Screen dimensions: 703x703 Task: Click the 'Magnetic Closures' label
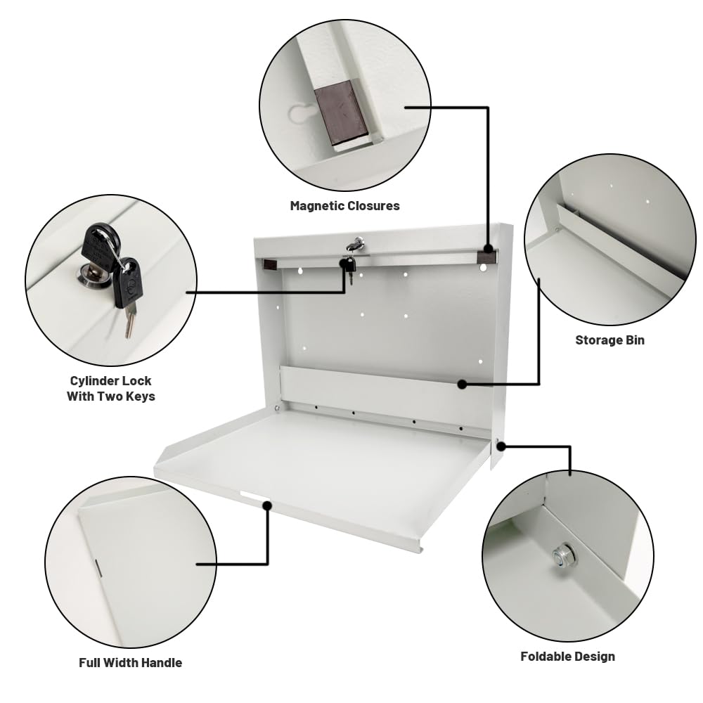click(344, 206)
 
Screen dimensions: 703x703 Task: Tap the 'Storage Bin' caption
click(610, 340)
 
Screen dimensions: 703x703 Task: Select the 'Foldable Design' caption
click(567, 657)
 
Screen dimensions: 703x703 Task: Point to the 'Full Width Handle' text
click(130, 662)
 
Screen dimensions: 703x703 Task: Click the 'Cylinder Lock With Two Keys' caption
click(111, 388)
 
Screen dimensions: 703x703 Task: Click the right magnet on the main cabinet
click(486, 257)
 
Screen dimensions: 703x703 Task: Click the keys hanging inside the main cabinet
click(349, 267)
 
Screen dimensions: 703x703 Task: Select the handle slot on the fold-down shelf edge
click(250, 500)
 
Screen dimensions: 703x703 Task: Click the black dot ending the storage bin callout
click(461, 384)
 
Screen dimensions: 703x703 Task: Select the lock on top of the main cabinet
click(356, 243)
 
